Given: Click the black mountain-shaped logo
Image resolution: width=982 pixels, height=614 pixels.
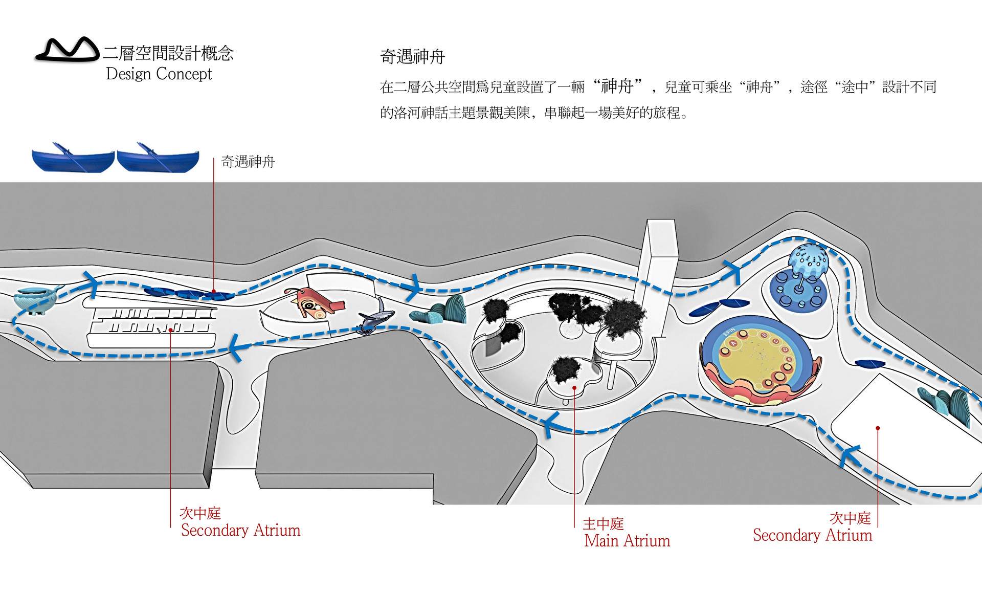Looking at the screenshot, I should [67, 50].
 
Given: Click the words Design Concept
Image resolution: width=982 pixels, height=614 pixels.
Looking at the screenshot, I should [159, 74].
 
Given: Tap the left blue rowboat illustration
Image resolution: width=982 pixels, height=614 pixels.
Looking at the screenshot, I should [73, 159].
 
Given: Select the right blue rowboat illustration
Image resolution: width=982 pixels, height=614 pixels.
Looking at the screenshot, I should [158, 159].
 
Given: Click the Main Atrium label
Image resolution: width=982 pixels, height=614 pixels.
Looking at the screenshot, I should [627, 541].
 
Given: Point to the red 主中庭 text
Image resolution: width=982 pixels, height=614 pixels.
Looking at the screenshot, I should [604, 524].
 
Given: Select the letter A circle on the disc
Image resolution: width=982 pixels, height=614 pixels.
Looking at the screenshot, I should [733, 343].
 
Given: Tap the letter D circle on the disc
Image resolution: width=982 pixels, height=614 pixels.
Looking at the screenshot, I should [785, 350].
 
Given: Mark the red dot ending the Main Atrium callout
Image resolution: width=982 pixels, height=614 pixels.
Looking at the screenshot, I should [574, 388].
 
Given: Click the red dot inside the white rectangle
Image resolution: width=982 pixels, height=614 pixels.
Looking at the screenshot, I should [878, 428].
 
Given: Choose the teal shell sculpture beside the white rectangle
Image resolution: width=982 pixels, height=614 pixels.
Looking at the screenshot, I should [946, 404].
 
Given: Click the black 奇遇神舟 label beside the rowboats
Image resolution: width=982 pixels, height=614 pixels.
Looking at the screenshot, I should [248, 162].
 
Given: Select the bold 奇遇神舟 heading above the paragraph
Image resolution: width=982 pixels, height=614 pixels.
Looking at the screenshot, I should [412, 57].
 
